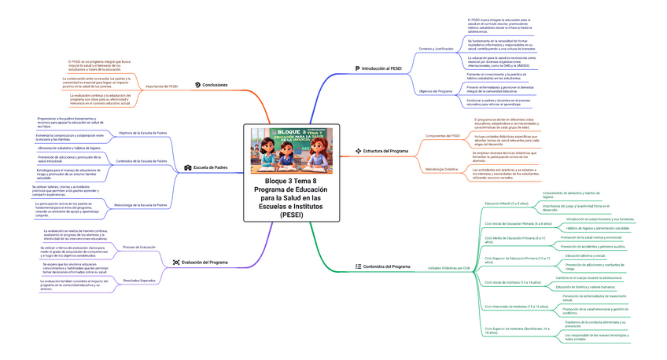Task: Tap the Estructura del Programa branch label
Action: coord(385,150)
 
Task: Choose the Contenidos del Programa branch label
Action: coord(386,266)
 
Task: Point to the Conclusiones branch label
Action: coord(215,85)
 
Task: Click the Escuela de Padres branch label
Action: coord(210,167)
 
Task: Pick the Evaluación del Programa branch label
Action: coord(205,262)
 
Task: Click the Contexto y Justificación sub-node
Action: coord(437,48)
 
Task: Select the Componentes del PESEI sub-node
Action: coord(442,135)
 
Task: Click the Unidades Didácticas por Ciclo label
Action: coord(448,268)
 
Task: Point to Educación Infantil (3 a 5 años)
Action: coord(507,203)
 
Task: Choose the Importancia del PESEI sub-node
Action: coord(162,86)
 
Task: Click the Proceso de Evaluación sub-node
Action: coord(139,247)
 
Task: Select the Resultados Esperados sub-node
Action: coord(139,280)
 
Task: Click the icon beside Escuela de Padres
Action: coord(187,167)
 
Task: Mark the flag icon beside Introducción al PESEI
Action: coord(358,69)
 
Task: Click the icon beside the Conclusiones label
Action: coord(197,85)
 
